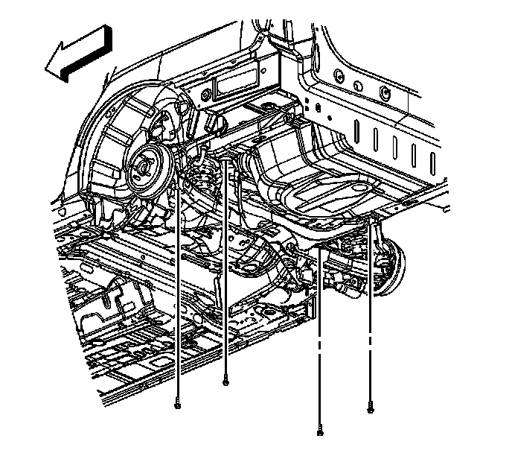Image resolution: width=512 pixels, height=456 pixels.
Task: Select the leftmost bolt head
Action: [x=177, y=405]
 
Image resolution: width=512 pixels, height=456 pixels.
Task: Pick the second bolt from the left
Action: [x=225, y=382]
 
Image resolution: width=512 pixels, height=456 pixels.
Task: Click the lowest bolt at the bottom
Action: [x=320, y=431]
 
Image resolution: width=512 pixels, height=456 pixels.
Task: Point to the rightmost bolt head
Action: [x=370, y=408]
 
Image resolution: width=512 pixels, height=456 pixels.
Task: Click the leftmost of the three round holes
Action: [x=339, y=75]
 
